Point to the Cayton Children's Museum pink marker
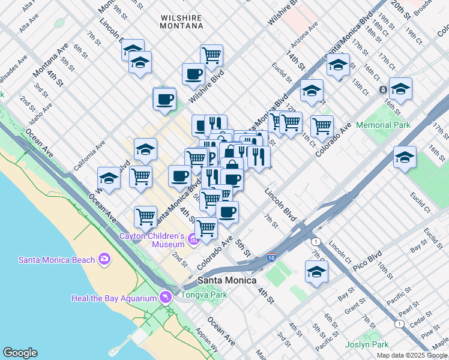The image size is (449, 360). click(193, 241)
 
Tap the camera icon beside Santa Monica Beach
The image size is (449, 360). click(105, 259)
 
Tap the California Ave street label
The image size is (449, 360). click(90, 155)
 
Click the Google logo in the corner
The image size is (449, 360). click(20, 353)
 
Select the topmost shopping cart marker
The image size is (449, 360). click(211, 55)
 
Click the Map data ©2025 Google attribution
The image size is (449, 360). click(412, 355)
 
